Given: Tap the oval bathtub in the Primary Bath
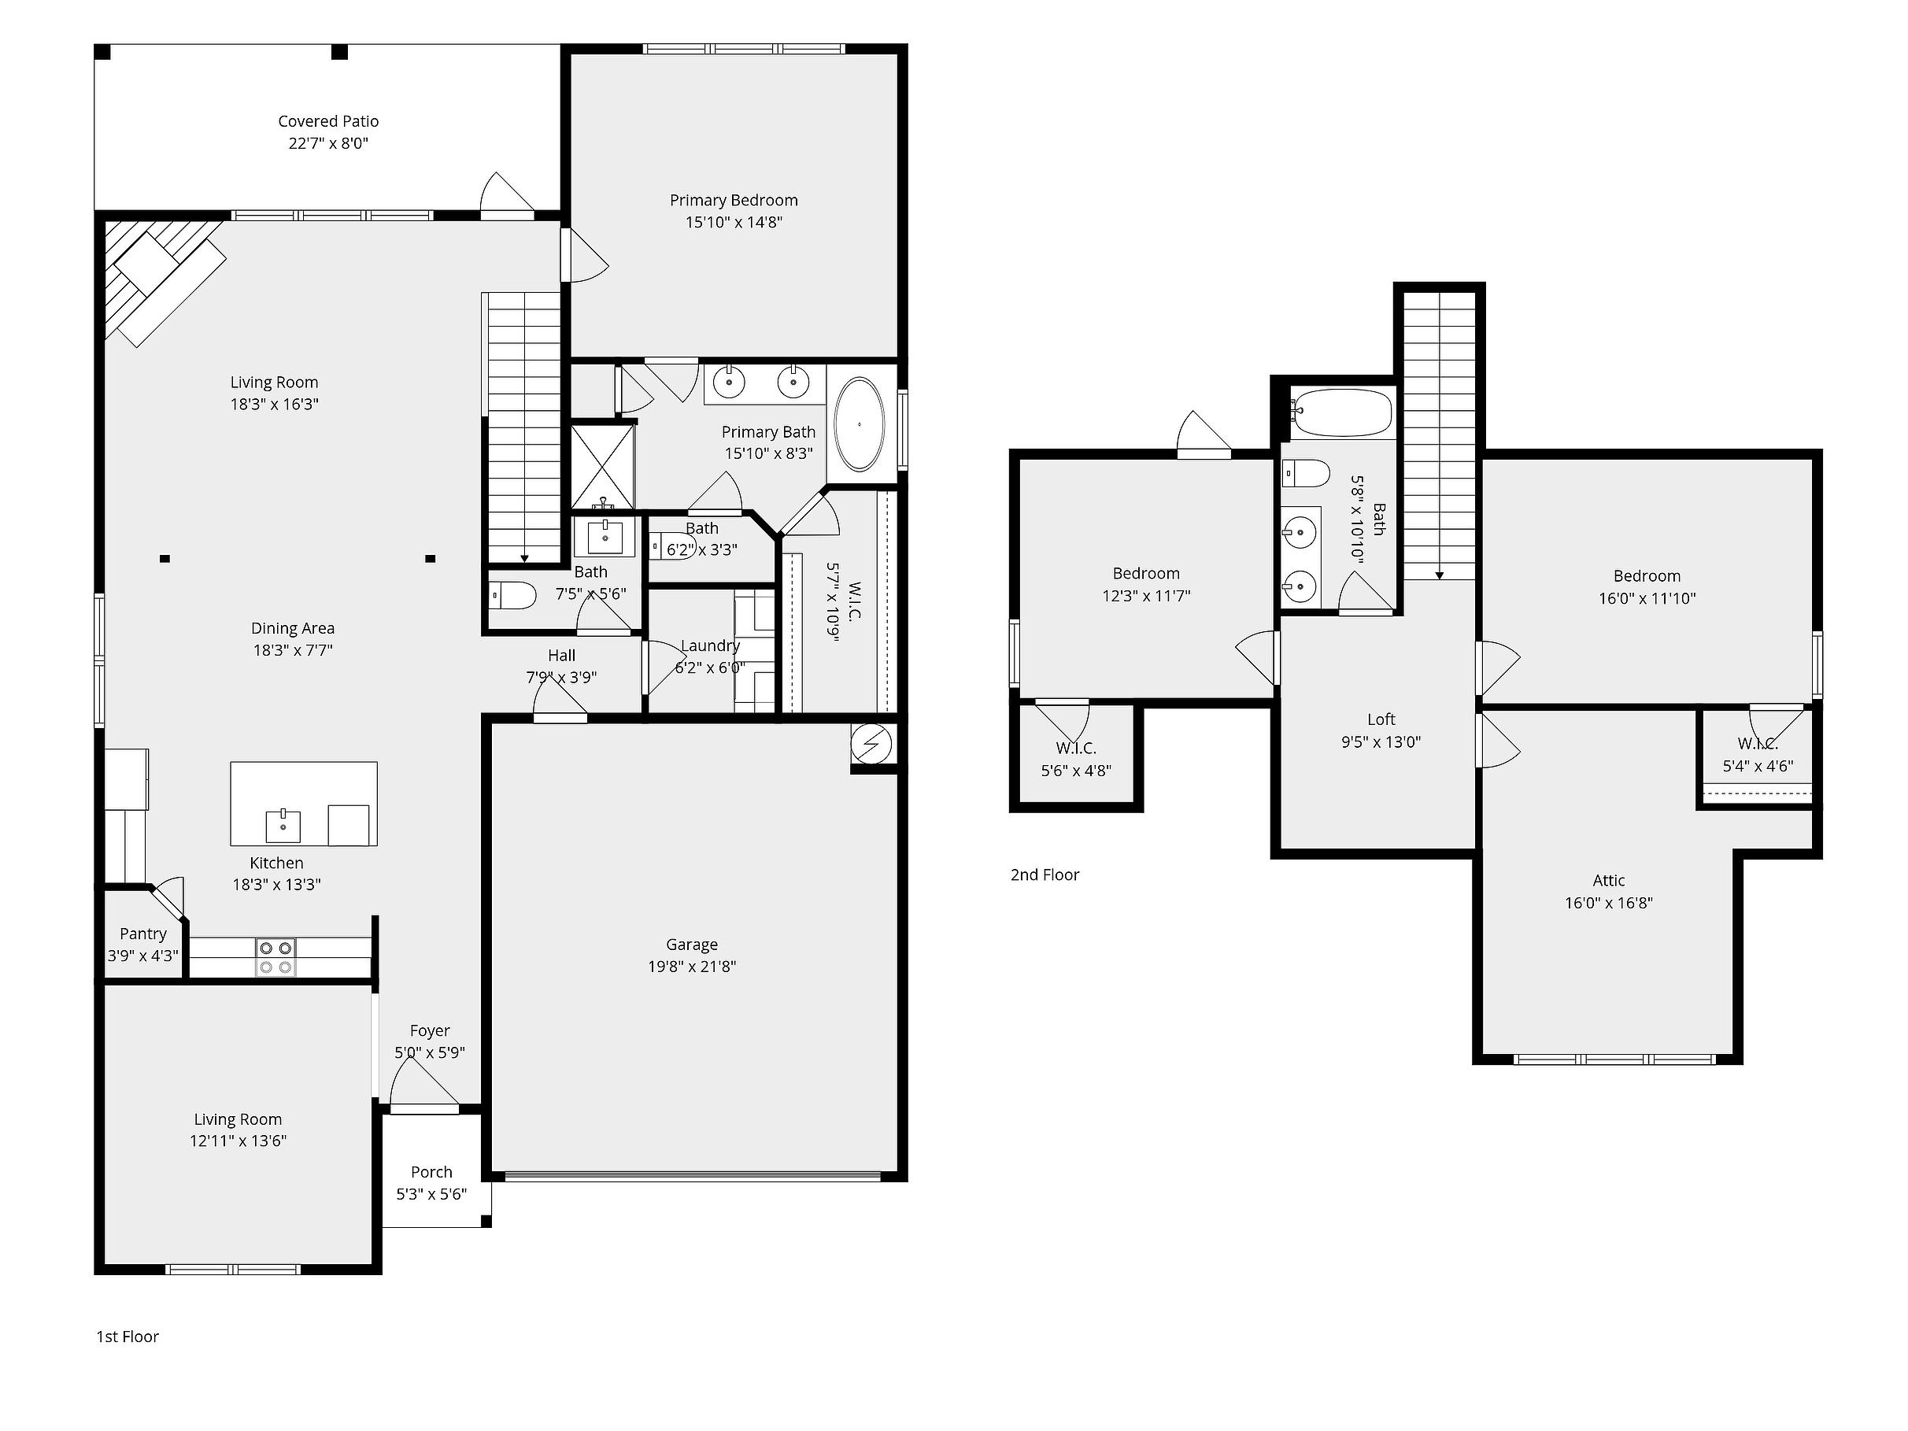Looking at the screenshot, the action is [x=859, y=424].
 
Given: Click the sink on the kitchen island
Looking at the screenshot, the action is [x=283, y=826].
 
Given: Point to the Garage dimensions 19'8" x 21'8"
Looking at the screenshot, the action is [x=692, y=967].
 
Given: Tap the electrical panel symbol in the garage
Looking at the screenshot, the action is [x=871, y=743].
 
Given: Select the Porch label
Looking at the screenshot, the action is [x=431, y=1172].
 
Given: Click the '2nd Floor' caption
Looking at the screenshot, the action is [x=1045, y=874].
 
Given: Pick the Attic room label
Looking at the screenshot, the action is [x=1609, y=881].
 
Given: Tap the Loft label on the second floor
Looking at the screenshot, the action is [x=1381, y=719].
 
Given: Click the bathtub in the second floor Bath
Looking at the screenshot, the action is [x=1341, y=413].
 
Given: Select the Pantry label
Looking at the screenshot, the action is [x=143, y=934].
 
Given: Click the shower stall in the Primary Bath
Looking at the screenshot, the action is [x=603, y=466].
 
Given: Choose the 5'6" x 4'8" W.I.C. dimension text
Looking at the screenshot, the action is [x=1076, y=771].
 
